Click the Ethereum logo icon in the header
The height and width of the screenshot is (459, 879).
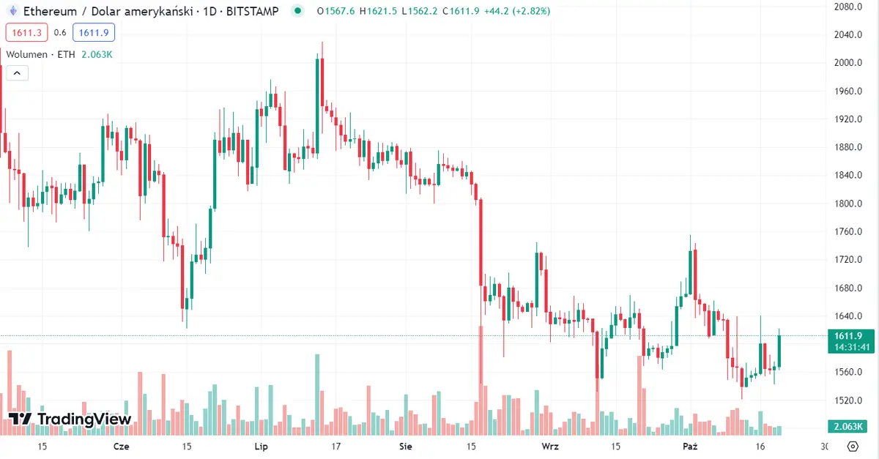click(12, 12)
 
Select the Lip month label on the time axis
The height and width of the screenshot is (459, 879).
click(261, 446)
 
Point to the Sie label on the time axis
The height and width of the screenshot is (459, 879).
click(405, 446)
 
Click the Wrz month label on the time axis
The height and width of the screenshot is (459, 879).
click(549, 446)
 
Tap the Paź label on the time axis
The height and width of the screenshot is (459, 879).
click(690, 446)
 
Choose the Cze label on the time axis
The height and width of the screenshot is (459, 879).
click(122, 446)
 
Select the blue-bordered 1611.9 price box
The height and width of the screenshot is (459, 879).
click(94, 32)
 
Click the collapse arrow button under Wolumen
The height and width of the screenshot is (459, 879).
click(17, 72)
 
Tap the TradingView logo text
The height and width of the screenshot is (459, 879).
click(70, 419)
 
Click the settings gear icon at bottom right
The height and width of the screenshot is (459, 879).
click(853, 446)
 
